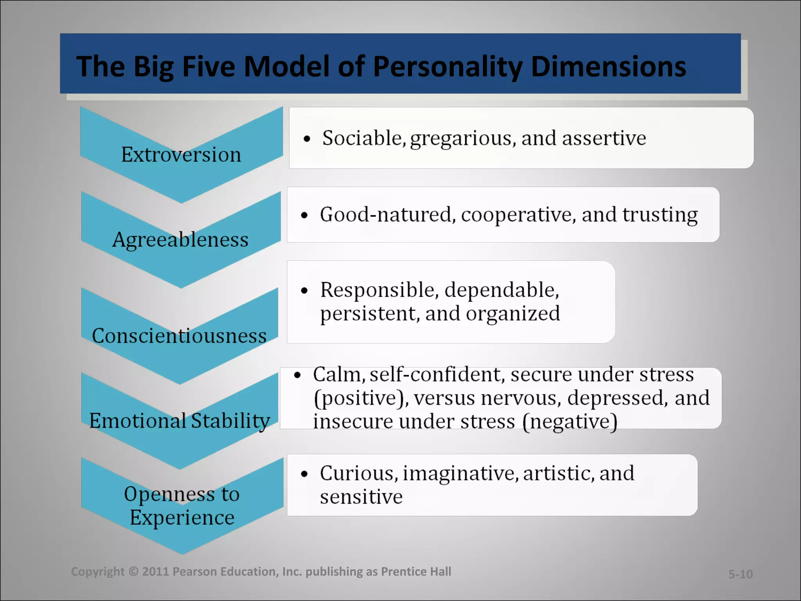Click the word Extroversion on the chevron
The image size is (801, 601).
181,155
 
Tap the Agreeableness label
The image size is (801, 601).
180,239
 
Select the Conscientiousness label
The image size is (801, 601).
179,336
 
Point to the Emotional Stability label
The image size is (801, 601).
180,421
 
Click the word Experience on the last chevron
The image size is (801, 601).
182,518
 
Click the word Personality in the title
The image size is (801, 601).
447,67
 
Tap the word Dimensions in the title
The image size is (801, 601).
608,67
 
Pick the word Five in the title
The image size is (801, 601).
208,67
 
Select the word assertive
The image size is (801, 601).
604,138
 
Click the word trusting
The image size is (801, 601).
660,215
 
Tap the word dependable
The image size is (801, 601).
502,290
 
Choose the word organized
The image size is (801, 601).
513,314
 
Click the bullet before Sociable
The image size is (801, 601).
307,139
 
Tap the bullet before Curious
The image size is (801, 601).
305,474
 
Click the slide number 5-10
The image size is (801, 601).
740,574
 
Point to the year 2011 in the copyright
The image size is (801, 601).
155,572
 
